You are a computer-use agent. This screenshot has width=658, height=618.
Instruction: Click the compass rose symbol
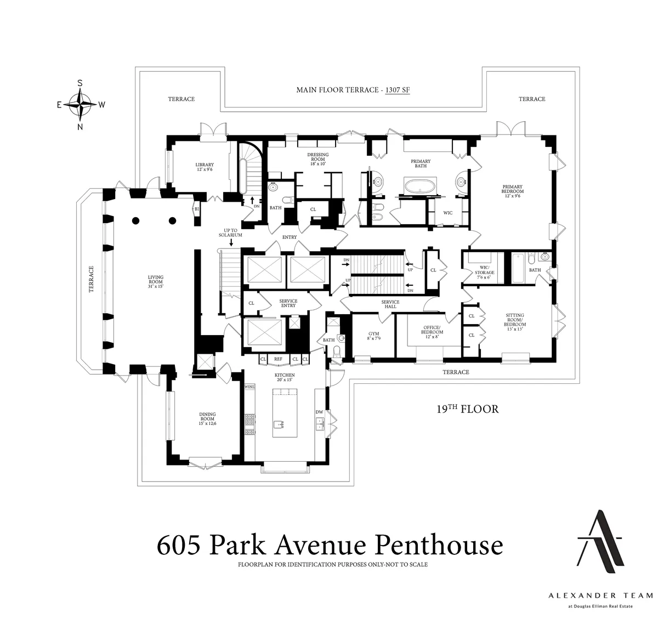tap(80, 105)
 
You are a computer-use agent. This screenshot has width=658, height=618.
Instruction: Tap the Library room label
tap(205, 167)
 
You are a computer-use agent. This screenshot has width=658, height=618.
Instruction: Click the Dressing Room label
tap(318, 159)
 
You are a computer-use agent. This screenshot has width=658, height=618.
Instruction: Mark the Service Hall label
tap(390, 304)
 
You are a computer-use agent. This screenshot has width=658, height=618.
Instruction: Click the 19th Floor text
tap(467, 409)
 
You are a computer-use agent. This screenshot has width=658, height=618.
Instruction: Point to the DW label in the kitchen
tap(319, 412)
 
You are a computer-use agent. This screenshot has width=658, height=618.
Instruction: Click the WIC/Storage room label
tap(485, 270)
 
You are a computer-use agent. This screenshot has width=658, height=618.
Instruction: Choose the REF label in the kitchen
tap(278, 359)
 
